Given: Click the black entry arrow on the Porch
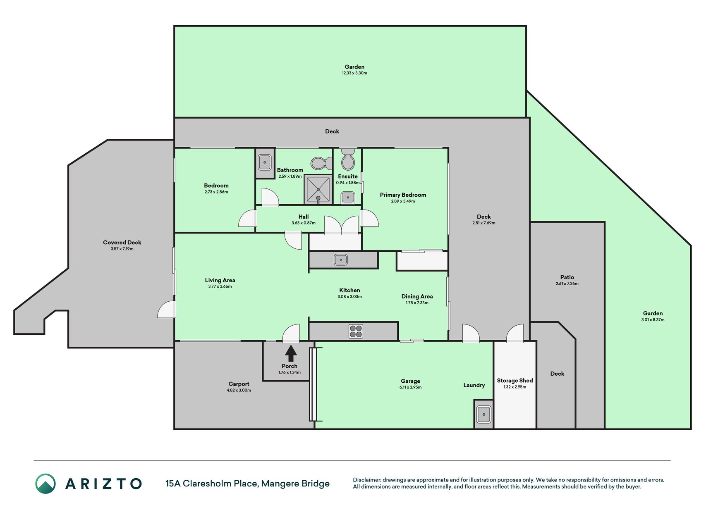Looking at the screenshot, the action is [x=291, y=354].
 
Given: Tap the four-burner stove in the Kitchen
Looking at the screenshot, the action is [x=356, y=331].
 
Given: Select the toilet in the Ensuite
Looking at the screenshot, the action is [x=348, y=159].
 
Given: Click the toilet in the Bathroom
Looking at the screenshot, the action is [x=321, y=163].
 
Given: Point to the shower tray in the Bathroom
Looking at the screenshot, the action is [x=318, y=189].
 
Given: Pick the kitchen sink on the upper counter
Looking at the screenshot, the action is [x=341, y=260].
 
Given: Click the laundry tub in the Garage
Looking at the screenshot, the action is [x=483, y=414].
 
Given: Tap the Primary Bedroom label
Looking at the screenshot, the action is [x=403, y=195].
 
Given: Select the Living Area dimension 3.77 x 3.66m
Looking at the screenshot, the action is [x=220, y=286].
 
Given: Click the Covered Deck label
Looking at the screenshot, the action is [x=122, y=243].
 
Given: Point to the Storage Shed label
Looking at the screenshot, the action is [x=515, y=381].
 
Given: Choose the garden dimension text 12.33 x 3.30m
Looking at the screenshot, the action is [x=354, y=73].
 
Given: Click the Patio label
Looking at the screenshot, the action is [x=567, y=277].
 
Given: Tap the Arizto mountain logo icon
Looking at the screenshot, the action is [x=45, y=484].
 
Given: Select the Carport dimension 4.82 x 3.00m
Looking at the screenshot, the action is [x=239, y=390].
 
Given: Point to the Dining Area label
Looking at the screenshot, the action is [x=417, y=296].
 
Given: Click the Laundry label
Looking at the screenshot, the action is [x=474, y=385].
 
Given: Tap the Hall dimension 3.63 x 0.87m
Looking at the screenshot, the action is [x=304, y=223].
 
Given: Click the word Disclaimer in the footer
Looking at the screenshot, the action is [x=366, y=480].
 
